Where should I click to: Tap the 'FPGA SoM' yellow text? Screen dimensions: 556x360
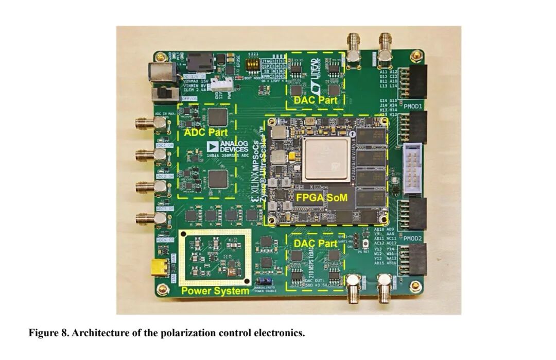point(321,197)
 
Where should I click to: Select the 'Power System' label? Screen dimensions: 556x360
point(215,291)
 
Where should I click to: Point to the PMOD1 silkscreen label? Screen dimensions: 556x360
point(413,107)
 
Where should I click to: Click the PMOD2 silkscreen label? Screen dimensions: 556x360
point(413,238)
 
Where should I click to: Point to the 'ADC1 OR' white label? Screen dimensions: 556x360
point(165,146)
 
